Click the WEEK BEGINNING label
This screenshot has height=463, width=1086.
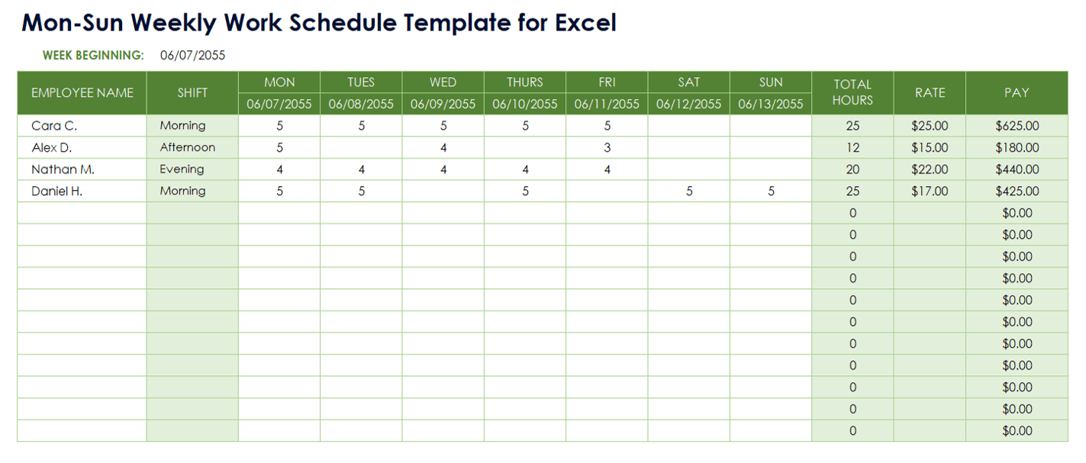[93, 55]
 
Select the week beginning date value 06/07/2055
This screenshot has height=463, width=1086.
[192, 55]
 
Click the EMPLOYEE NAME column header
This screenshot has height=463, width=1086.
[82, 92]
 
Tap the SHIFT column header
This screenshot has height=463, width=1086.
[192, 92]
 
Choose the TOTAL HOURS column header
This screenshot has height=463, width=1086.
[852, 92]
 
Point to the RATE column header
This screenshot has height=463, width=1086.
[930, 92]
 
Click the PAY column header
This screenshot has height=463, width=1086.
[1017, 92]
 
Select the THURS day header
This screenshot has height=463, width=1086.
[524, 82]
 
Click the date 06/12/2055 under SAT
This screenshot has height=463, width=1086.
[688, 104]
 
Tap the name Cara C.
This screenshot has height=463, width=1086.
[54, 126]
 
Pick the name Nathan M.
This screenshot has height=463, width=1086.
[63, 169]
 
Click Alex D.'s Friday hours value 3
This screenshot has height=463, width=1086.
[607, 148]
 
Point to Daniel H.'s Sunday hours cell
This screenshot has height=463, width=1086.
[771, 191]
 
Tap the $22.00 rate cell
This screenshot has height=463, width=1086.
[930, 169]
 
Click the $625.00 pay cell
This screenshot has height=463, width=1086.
[1017, 126]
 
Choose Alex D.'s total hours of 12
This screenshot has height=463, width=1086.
[852, 148]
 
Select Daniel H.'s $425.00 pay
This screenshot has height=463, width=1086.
[1017, 191]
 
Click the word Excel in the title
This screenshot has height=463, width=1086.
[585, 23]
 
